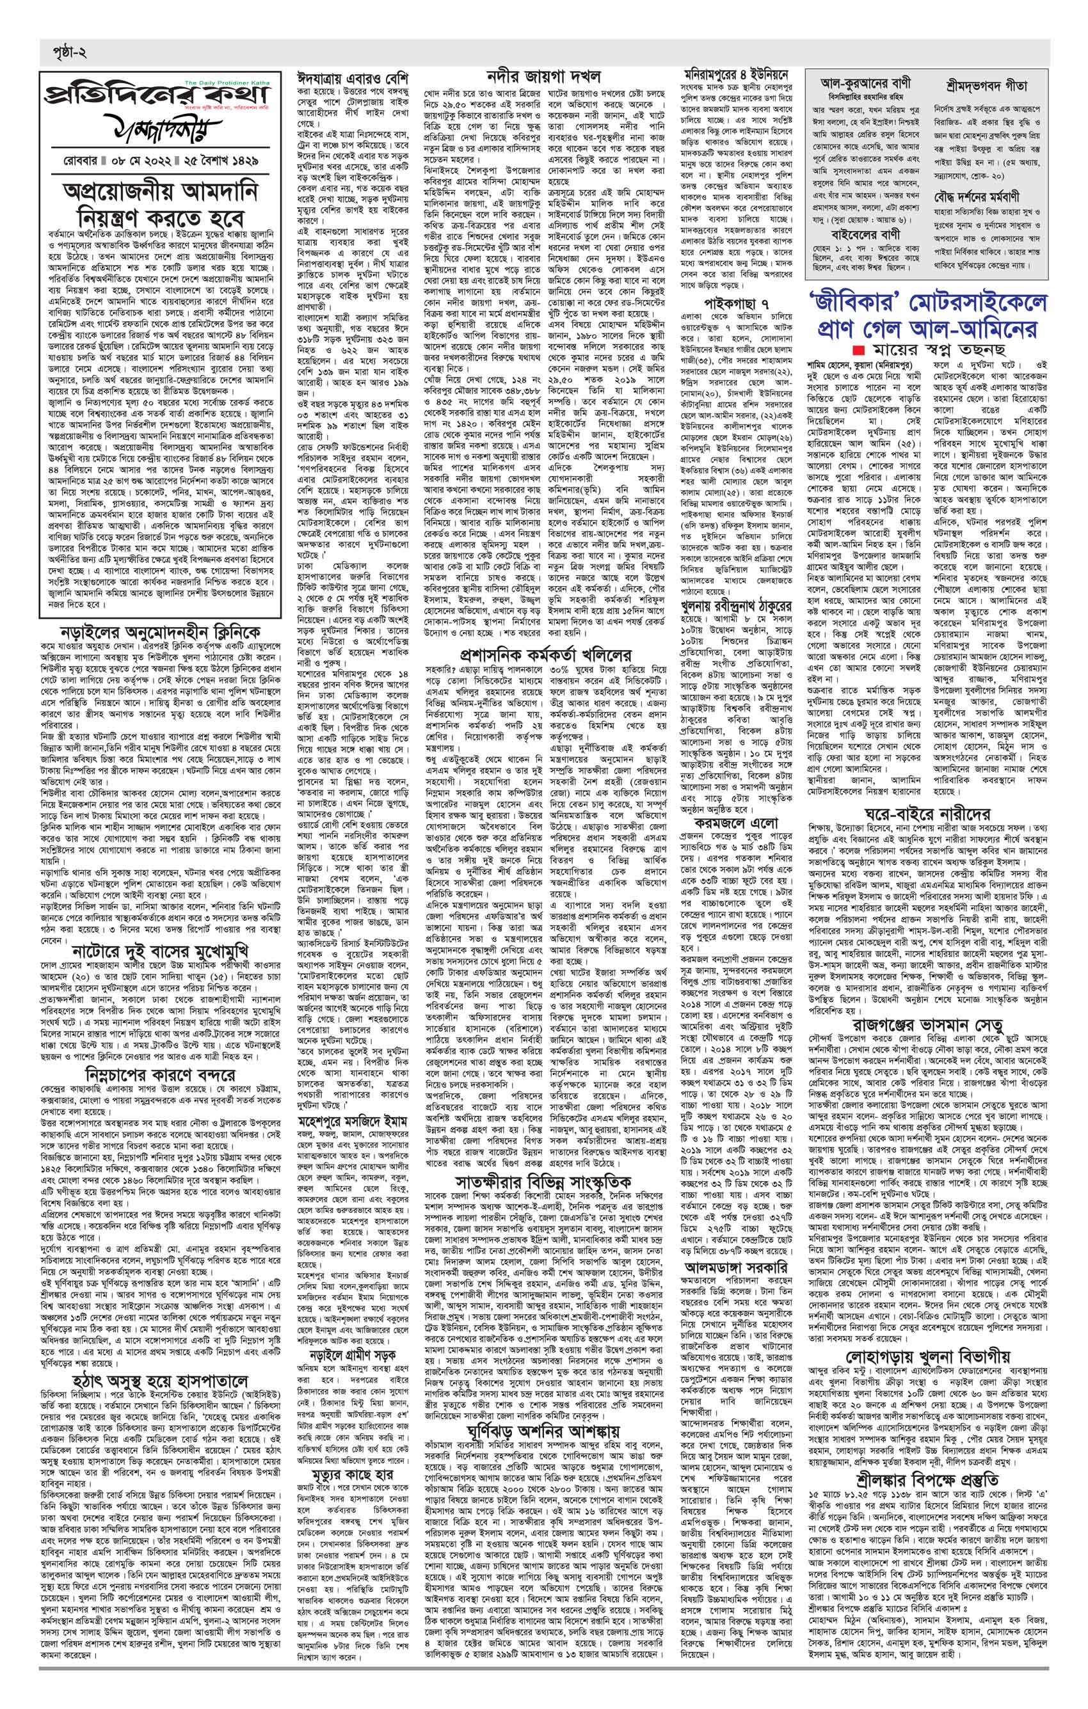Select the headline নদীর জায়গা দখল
click(543, 76)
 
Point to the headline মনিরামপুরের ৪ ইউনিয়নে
click(735, 74)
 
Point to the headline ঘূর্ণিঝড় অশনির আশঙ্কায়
click(543, 1385)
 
